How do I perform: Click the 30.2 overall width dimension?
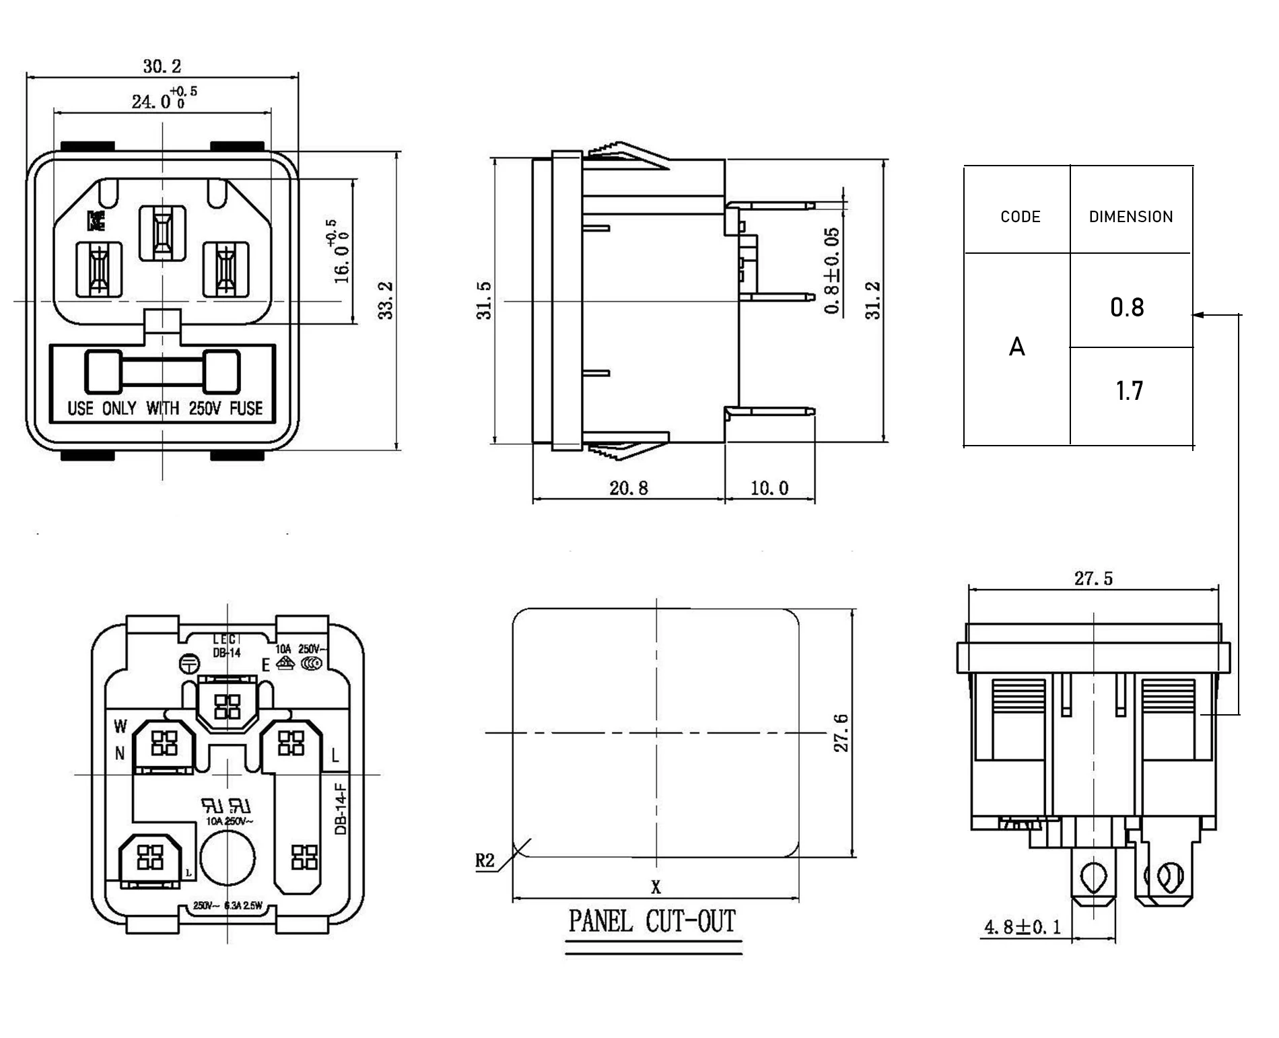click(x=162, y=66)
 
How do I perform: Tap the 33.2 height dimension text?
click(x=385, y=300)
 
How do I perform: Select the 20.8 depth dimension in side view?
click(x=628, y=488)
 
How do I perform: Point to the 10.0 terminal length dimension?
click(x=769, y=488)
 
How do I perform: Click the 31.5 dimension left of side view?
click(x=484, y=300)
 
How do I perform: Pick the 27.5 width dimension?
click(x=1093, y=578)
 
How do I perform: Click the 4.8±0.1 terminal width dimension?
click(x=1022, y=928)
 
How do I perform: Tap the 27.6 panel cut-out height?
click(x=841, y=732)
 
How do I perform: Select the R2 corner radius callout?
click(x=485, y=860)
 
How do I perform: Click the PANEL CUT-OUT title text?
click(x=652, y=921)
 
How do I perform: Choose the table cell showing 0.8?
click(x=1127, y=308)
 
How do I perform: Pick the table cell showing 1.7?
click(x=1129, y=391)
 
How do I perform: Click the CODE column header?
click(x=1020, y=217)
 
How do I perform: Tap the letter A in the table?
click(x=1016, y=347)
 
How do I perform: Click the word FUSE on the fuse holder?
click(x=246, y=408)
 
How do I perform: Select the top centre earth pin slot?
click(x=162, y=233)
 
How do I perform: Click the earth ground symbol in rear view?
click(x=189, y=664)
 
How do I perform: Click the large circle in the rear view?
click(x=228, y=857)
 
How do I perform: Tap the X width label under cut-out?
click(x=656, y=887)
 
